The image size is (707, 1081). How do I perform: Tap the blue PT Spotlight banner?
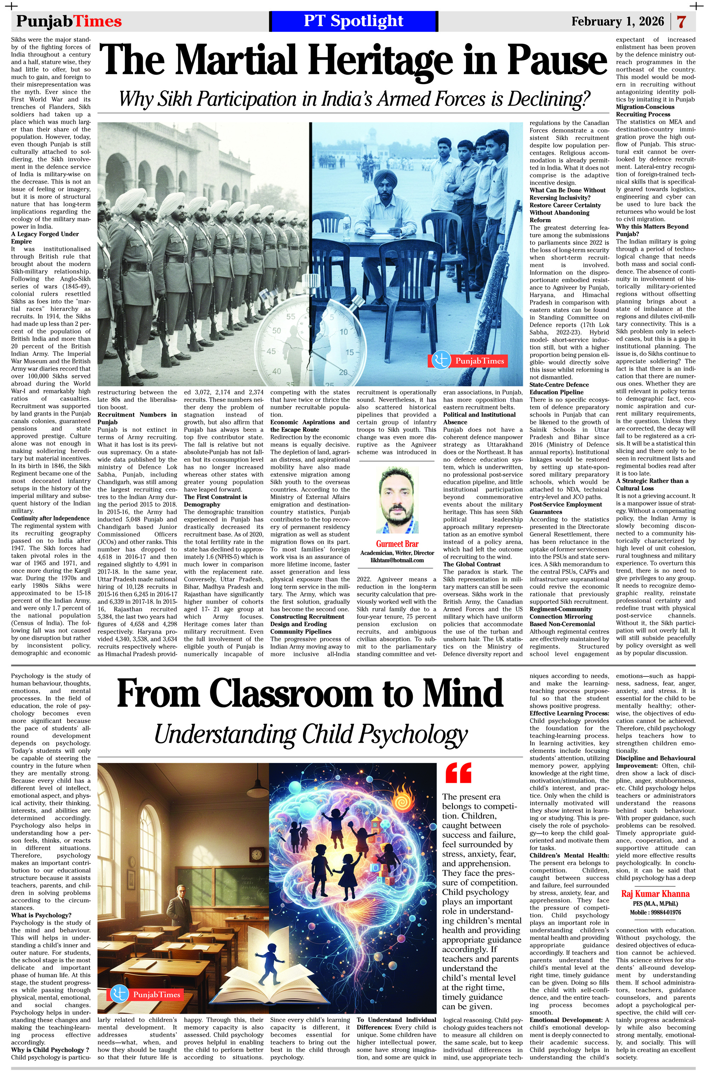point(353,21)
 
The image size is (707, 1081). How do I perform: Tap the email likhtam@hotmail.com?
point(397,560)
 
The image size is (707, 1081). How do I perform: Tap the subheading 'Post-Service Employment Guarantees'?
point(566,508)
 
